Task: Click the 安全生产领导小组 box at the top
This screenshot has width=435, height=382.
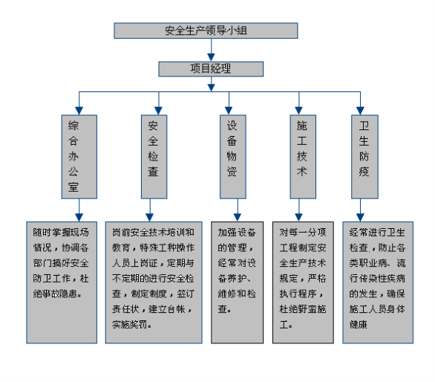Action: [206, 30]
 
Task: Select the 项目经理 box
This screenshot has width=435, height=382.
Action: [211, 69]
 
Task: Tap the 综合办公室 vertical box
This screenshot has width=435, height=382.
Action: [79, 157]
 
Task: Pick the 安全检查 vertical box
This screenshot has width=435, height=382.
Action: [154, 157]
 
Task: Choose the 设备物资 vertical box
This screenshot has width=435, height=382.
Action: [233, 157]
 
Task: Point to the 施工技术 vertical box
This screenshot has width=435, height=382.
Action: [303, 157]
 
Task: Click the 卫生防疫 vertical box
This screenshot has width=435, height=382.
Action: [364, 157]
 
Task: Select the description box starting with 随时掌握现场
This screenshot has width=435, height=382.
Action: [62, 282]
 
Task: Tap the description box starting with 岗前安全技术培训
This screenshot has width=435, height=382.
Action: [154, 282]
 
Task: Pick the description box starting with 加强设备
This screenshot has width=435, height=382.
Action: [238, 282]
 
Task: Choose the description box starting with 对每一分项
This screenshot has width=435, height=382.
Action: [303, 282]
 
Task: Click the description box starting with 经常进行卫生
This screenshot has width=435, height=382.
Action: [378, 282]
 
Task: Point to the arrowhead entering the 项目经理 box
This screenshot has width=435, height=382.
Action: [211, 57]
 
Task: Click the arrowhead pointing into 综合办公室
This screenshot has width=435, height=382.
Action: [79, 111]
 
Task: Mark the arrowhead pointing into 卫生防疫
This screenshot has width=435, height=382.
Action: [360, 111]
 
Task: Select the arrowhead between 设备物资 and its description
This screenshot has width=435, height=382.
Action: [238, 218]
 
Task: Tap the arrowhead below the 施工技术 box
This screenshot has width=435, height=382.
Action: [299, 218]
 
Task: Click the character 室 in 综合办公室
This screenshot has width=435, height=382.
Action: [73, 187]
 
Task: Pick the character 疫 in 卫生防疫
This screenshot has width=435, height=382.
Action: [364, 172]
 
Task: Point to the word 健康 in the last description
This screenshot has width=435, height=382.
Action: [358, 324]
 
